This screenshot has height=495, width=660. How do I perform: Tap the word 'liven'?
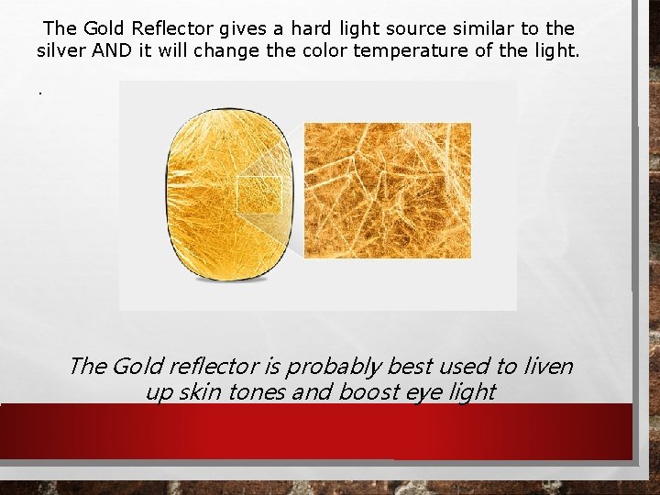547,367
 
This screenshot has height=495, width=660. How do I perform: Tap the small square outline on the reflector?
258,195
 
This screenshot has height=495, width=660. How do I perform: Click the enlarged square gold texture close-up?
387,190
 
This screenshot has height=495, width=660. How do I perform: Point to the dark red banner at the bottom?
316,431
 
